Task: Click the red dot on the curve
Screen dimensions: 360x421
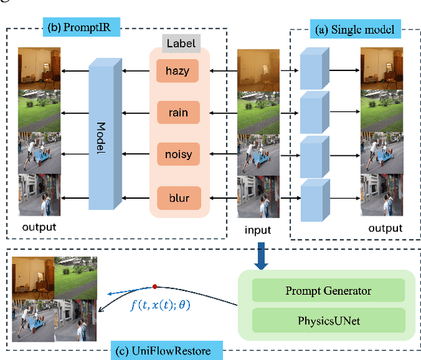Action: point(155,286)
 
